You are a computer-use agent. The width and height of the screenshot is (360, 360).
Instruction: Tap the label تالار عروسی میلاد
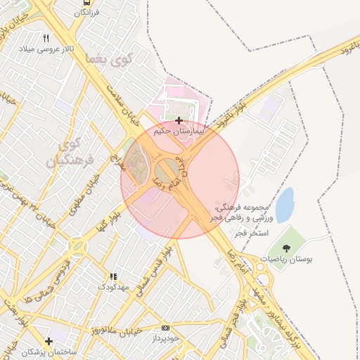pos(46,49)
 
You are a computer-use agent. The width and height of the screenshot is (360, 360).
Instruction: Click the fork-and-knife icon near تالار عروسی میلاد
pos(46,38)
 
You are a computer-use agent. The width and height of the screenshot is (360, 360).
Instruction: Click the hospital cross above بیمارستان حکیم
pos(179,120)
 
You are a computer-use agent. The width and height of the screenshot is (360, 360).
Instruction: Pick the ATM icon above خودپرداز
pos(165,328)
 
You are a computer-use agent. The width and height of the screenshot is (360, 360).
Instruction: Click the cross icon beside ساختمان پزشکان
pos(49,341)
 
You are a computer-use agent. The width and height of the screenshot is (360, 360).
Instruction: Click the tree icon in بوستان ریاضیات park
pos(286,247)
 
